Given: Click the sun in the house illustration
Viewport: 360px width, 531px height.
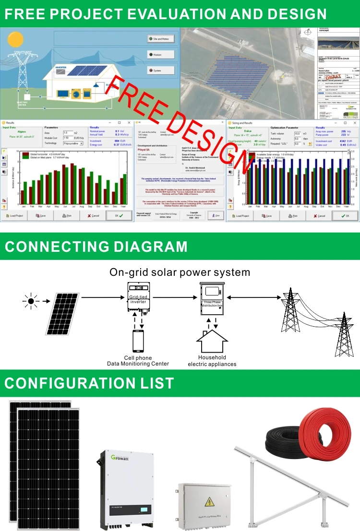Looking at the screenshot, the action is click(x=15, y=38).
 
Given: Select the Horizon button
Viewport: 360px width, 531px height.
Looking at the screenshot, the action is click(x=160, y=55).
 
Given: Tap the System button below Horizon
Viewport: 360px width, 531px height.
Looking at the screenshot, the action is click(x=160, y=71).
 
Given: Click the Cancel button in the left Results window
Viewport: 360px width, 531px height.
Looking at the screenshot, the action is click(x=92, y=216).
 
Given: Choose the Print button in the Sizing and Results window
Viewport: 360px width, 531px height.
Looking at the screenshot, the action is click(x=292, y=216).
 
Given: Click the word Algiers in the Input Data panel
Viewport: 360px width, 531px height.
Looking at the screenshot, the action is click(x=22, y=131).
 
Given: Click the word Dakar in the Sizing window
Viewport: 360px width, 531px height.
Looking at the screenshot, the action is click(x=248, y=131).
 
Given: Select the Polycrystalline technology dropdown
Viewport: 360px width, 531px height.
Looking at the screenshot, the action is click(x=73, y=143).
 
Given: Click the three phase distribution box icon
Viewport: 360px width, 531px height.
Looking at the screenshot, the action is click(x=212, y=297).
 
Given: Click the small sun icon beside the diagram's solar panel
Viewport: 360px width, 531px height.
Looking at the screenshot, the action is click(x=31, y=301).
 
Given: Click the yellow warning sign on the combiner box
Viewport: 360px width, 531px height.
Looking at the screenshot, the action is click(x=210, y=502).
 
